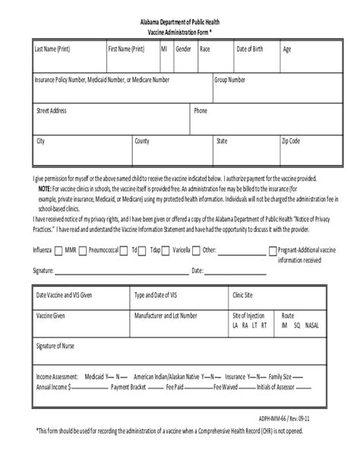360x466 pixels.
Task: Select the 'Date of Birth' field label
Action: coord(250,49)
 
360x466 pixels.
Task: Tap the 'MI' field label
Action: coord(164,49)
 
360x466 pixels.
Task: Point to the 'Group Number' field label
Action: coord(230,79)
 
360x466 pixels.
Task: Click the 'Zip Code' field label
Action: coord(291,141)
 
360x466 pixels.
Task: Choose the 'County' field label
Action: coord(142,141)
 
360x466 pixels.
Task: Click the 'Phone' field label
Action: coord(201,110)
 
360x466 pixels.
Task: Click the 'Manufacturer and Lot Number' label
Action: coord(166,315)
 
